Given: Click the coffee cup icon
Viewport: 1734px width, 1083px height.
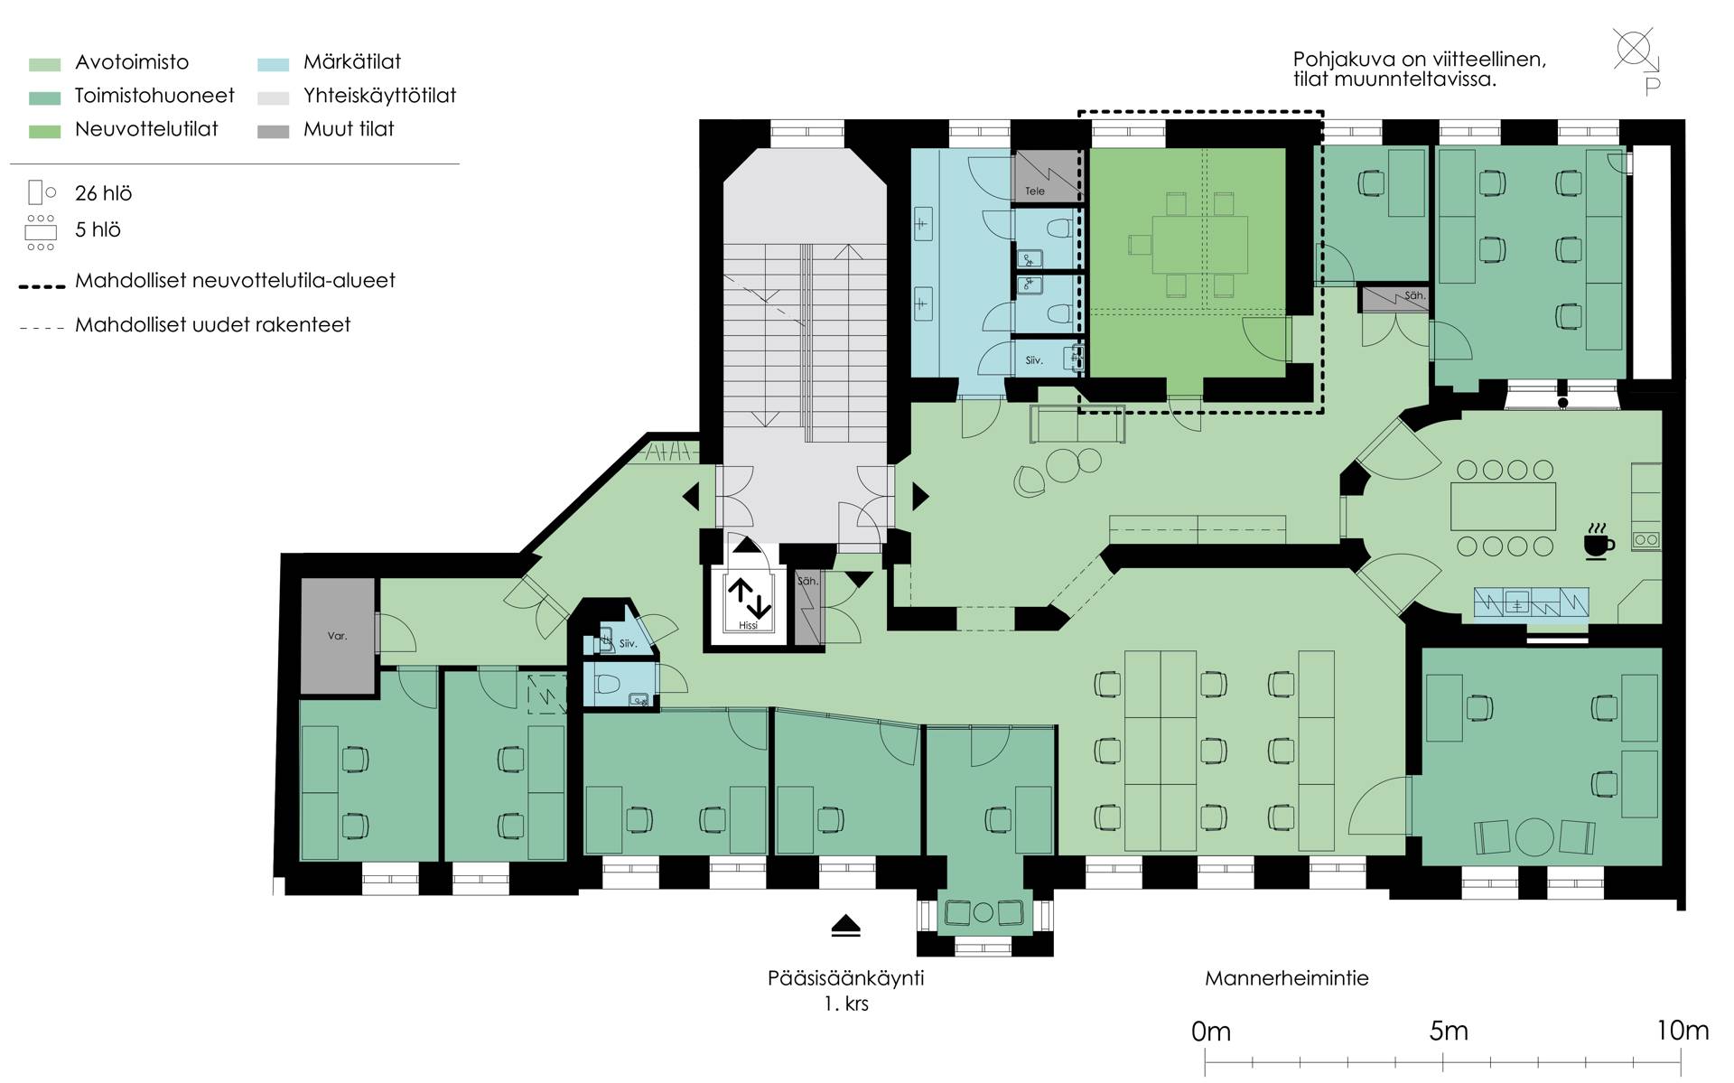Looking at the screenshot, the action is pos(1599,541).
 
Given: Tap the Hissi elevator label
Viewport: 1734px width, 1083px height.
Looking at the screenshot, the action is pos(748,625).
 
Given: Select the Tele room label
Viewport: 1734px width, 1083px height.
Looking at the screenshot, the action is pos(1035,191).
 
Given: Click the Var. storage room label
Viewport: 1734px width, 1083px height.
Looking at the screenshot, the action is pos(337,636).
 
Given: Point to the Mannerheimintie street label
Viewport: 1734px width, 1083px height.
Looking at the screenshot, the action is pos(1286,978).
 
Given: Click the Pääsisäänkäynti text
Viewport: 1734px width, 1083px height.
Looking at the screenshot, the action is pos(845,978).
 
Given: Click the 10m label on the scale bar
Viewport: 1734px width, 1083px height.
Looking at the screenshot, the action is pos(1683,1032).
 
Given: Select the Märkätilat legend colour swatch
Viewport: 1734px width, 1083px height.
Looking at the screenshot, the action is pos(273,64).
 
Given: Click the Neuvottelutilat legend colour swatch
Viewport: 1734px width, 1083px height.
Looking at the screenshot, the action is pos(44,132).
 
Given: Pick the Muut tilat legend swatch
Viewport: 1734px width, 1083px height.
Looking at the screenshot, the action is pos(273,132).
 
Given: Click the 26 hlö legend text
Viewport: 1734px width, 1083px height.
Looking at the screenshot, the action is pos(104,193).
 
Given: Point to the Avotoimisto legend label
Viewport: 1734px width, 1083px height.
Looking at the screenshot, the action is pos(132,62).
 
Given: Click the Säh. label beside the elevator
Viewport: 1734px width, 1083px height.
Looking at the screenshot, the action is pos(807,581).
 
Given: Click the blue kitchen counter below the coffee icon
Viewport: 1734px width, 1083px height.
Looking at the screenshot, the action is pos(1531,602).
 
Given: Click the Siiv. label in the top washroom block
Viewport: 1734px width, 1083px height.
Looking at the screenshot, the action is pos(1034,360).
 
